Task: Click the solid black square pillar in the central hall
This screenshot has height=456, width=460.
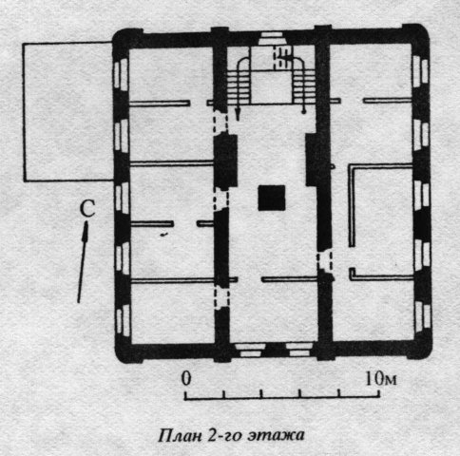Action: point(272,199)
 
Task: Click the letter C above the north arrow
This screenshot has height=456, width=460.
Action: point(87,209)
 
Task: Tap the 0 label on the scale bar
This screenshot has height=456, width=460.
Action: point(186,378)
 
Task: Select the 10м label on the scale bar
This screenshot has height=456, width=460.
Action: point(381,378)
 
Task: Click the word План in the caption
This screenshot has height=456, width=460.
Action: point(180,435)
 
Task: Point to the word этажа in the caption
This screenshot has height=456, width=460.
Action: point(276,435)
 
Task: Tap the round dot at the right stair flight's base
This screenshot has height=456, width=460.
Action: point(303,111)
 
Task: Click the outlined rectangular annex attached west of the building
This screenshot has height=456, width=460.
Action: point(67,111)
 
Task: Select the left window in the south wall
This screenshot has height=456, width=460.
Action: point(250,350)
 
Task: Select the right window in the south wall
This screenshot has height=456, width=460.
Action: point(299,350)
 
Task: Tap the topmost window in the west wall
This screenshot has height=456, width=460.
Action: point(121,74)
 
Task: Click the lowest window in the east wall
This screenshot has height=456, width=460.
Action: point(422,315)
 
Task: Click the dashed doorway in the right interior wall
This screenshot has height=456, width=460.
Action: point(325,261)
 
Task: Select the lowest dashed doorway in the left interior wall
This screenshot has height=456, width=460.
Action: point(221,297)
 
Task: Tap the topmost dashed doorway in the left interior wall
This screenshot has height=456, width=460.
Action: point(220,123)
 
